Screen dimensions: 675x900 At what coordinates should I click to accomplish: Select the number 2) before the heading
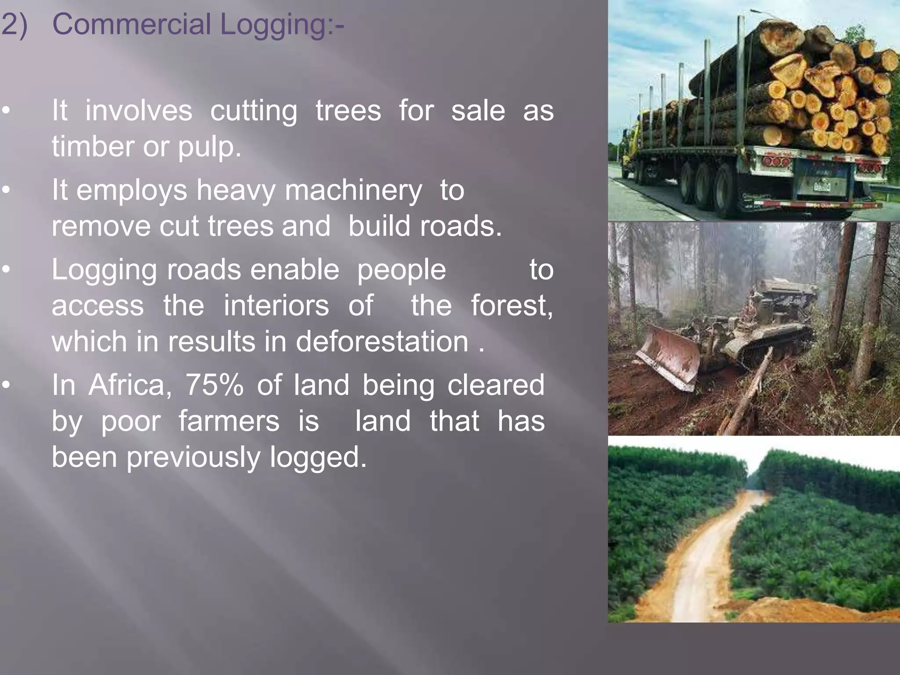pos(14,24)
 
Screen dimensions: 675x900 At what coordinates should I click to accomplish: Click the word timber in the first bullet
pos(92,146)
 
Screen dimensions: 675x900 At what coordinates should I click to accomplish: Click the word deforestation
pos(382,341)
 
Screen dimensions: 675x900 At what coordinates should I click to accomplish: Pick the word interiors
pos(276,305)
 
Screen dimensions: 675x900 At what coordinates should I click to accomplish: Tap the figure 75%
pos(214,385)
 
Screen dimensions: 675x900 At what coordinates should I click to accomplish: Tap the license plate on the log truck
pos(821,185)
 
